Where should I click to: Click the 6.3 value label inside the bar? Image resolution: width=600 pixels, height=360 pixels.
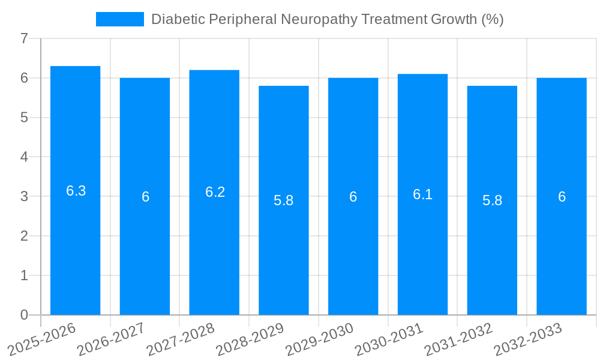coord(76,191)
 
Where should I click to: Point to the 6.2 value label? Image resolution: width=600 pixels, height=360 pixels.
coord(215,192)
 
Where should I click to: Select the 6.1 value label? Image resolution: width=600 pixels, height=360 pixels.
coord(422,194)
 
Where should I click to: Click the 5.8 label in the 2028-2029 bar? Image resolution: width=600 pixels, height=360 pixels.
coord(283,200)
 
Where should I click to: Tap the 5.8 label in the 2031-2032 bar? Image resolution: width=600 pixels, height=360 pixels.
coord(492,200)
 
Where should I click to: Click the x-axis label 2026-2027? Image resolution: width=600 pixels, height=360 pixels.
coord(111,340)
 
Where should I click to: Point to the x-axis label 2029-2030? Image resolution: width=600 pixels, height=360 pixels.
coord(319,340)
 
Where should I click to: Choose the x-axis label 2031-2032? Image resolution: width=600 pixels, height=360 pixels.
coord(458,340)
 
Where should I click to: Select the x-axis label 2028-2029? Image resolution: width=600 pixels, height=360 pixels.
coord(250,340)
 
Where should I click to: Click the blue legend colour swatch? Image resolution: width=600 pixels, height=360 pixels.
coord(120,19)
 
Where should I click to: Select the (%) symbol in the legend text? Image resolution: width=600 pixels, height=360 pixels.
coord(492,19)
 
